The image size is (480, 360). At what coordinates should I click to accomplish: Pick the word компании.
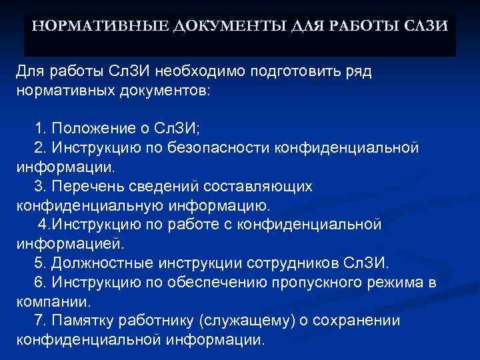tap(44, 301)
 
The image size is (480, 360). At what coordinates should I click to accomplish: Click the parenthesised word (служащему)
tap(237, 321)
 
